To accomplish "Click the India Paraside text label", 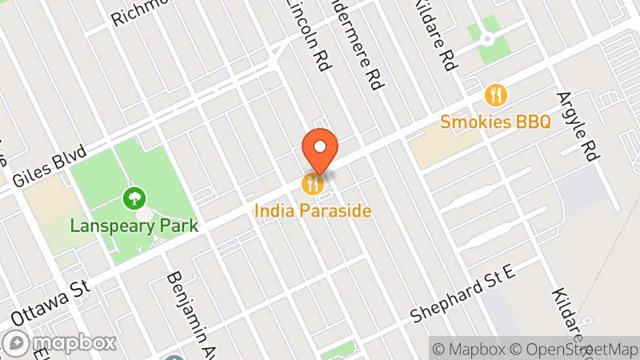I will click(313, 211).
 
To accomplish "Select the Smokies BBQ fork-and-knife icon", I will click(496, 96).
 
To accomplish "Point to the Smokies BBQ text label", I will click(496, 122).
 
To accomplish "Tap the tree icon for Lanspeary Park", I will click(134, 197).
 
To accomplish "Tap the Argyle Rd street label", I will click(581, 115).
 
